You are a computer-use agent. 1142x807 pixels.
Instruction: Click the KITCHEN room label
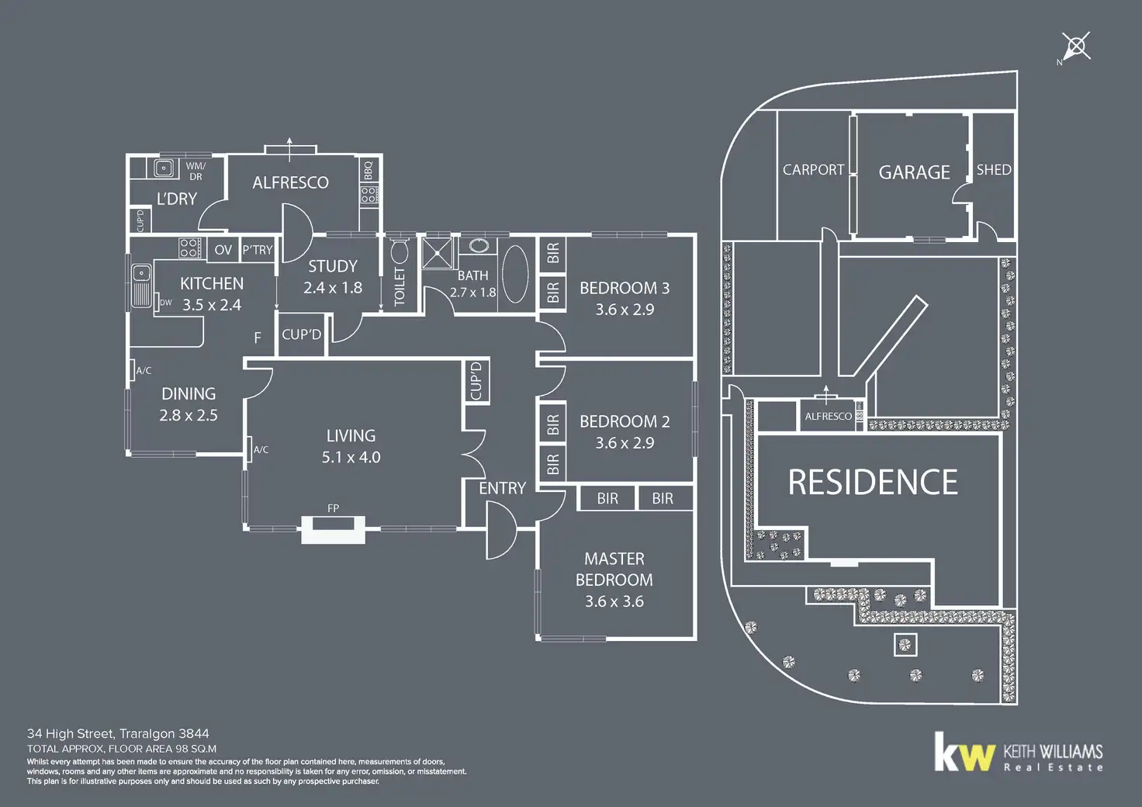tap(212, 284)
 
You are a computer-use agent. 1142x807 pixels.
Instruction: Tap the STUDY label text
tap(333, 266)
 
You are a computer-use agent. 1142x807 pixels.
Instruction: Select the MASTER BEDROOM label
tap(614, 569)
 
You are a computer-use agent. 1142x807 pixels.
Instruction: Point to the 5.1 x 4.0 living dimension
tap(351, 457)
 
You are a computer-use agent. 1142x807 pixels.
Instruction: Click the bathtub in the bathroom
tap(515, 275)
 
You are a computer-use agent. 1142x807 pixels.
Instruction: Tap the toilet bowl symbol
tap(400, 252)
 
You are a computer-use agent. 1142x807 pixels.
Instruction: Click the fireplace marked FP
tap(333, 530)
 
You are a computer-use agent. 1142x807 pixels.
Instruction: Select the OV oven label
tap(223, 250)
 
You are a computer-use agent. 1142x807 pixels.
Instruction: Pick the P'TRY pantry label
tap(258, 250)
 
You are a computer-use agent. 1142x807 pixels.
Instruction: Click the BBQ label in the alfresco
tap(369, 169)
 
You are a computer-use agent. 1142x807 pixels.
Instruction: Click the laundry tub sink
tap(164, 168)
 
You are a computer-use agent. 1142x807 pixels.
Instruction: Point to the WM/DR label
tap(196, 171)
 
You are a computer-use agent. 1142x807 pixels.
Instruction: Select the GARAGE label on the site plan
tap(914, 172)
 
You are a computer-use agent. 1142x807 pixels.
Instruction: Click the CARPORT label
tap(813, 170)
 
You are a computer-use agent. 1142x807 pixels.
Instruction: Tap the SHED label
tap(994, 169)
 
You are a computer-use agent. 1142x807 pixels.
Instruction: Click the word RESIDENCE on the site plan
tap(873, 483)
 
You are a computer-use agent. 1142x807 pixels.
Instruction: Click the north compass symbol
tap(1077, 47)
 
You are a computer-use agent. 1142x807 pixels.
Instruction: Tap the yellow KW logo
tap(964, 752)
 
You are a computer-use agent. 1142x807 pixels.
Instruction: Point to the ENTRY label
tap(502, 488)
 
